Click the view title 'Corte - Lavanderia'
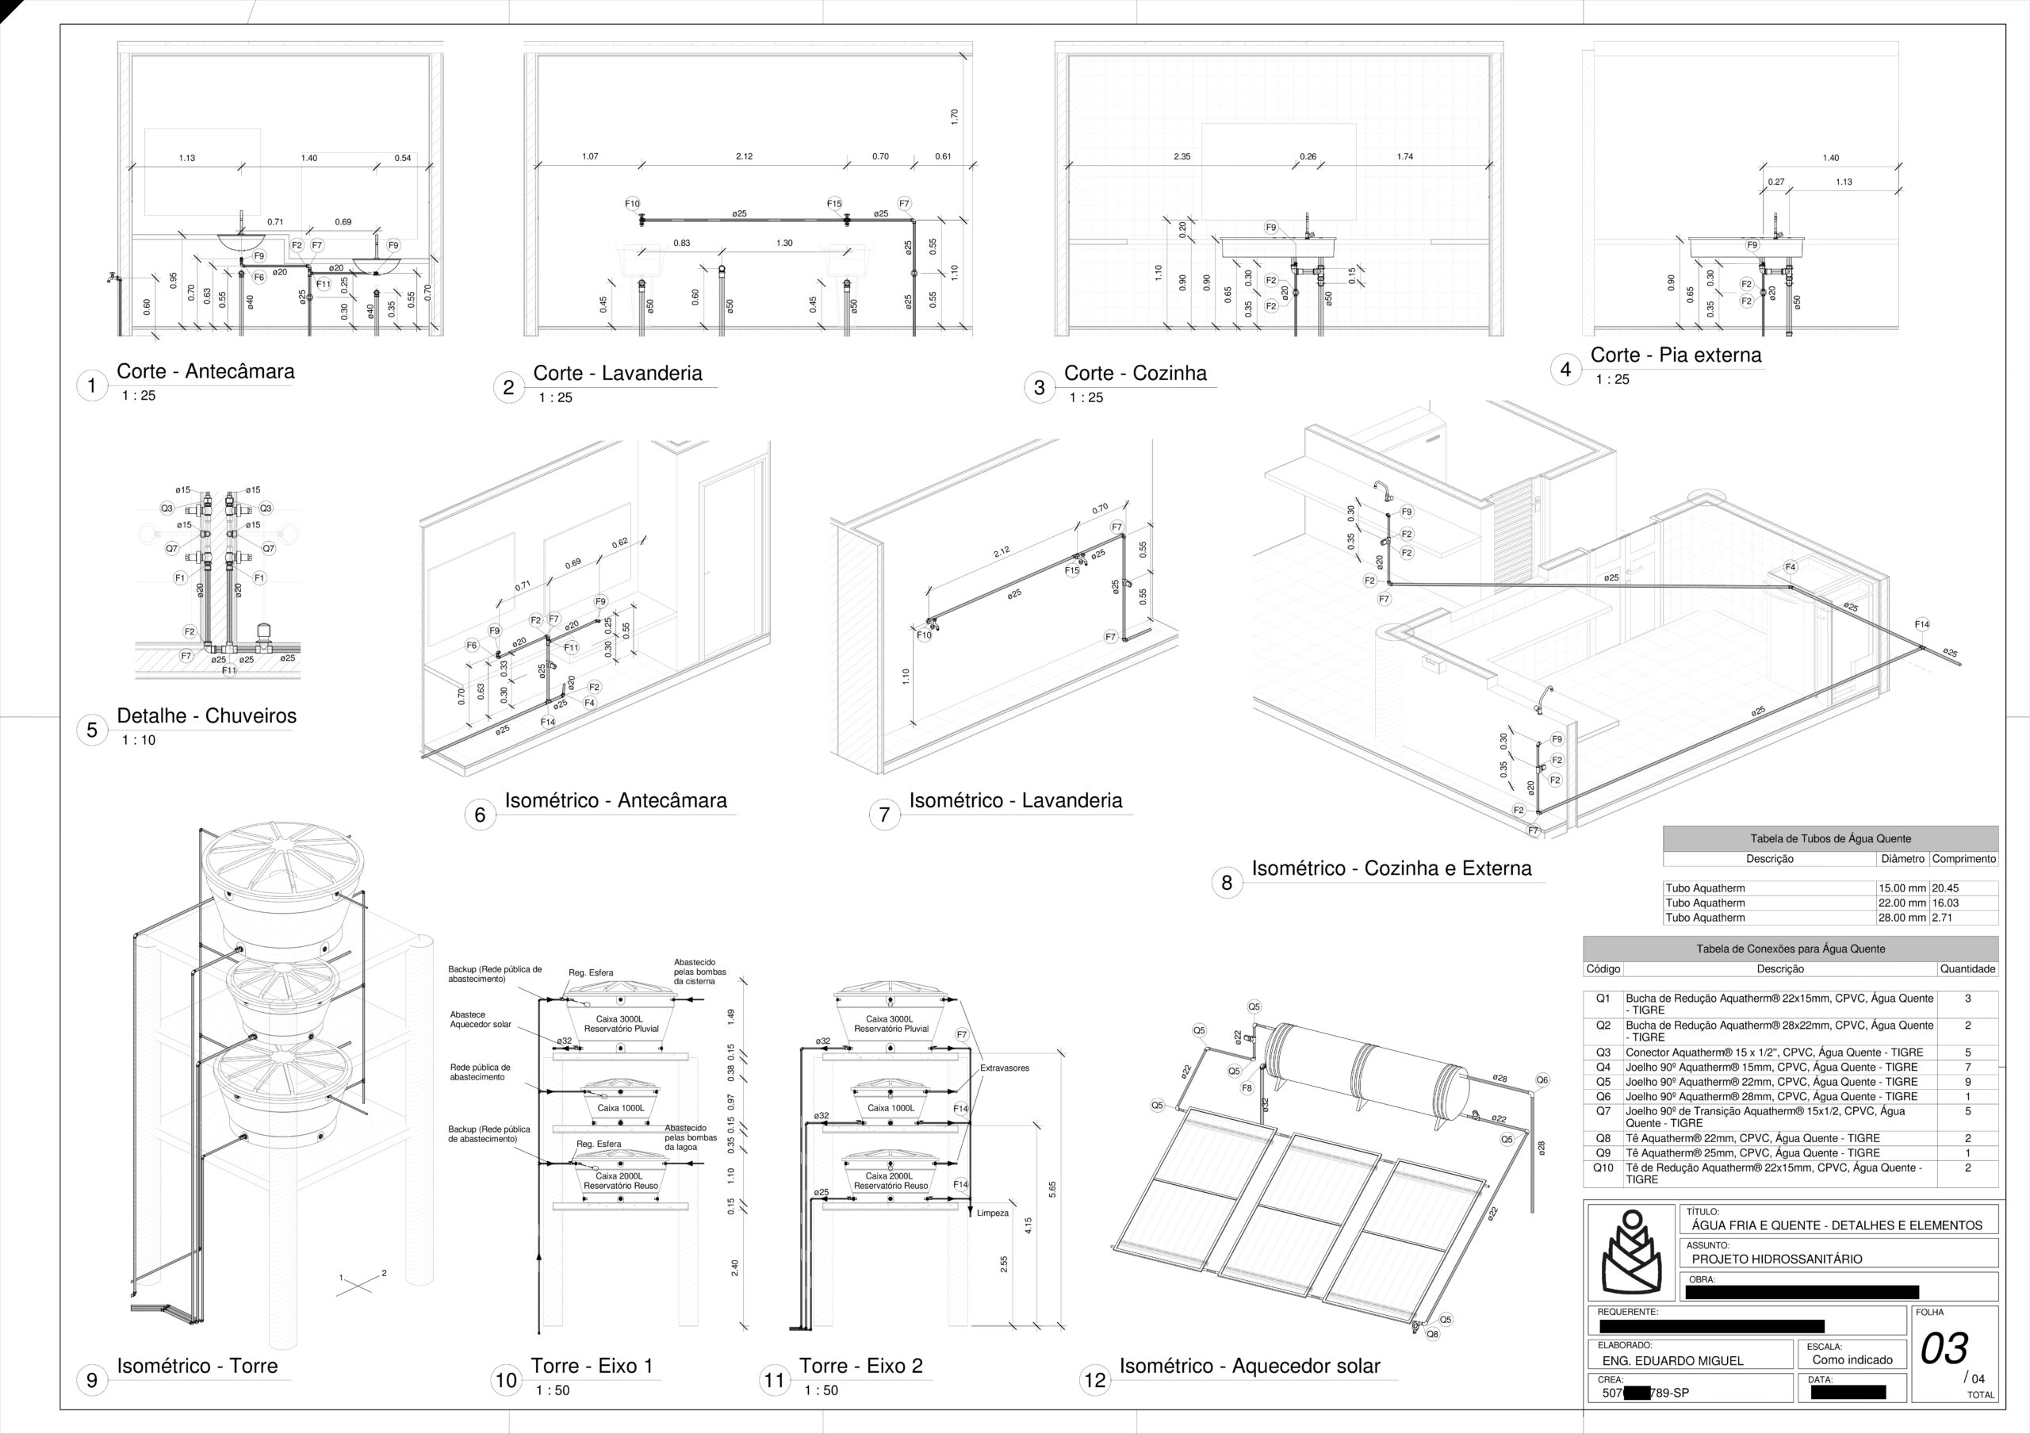click(617, 373)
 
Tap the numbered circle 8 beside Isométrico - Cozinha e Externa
click(1226, 882)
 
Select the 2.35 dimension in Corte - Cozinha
click(1182, 156)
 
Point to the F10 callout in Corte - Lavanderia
click(632, 203)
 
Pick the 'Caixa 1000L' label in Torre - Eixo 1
click(621, 1108)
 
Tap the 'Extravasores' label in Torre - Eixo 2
click(1005, 1068)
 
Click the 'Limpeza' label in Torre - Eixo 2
click(992, 1213)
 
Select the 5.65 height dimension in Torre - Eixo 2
click(1052, 1190)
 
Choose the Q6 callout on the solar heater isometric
click(1542, 1080)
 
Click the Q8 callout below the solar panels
click(1432, 1334)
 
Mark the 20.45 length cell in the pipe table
click(1945, 888)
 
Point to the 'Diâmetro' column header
click(1902, 858)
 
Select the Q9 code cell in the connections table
click(1603, 1153)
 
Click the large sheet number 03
click(1944, 1349)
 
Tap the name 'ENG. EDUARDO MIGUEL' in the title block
click(1673, 1360)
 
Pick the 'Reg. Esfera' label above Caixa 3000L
click(591, 972)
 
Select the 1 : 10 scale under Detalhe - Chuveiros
click(138, 740)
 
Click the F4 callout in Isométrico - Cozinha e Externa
click(1791, 567)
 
